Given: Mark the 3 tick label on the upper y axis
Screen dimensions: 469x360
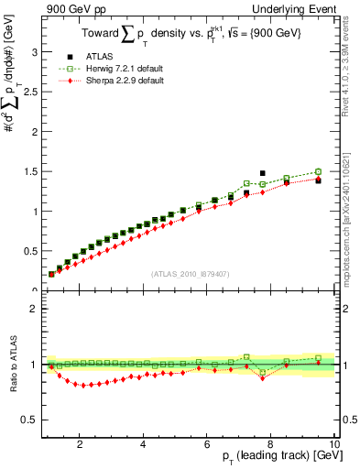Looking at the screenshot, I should pos(34,52).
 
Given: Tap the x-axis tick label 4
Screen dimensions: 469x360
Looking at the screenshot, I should pos(143,445).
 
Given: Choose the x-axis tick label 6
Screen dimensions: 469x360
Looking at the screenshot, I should pos(207,445).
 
